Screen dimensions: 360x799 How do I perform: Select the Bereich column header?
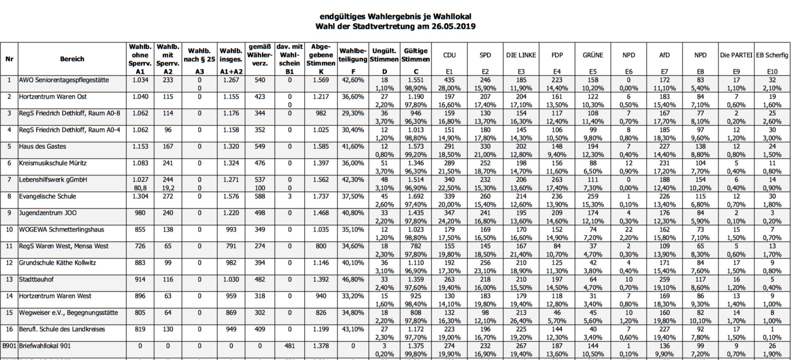[x=72, y=59]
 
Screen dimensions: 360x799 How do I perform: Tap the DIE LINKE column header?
[x=521, y=55]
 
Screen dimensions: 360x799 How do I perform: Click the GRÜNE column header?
[x=593, y=55]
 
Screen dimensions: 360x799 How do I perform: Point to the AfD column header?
[x=664, y=55]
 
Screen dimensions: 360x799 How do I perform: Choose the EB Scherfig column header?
[x=772, y=55]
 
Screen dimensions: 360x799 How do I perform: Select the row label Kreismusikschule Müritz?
[x=53, y=163]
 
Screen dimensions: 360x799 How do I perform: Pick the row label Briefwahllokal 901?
[x=45, y=346]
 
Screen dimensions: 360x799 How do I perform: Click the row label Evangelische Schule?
[x=47, y=197]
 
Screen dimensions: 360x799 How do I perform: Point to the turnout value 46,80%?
[x=353, y=280]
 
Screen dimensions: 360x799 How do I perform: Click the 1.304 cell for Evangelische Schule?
[x=140, y=197]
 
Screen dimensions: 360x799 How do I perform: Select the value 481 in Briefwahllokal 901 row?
[x=290, y=346]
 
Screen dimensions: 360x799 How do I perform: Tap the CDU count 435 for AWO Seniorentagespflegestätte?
[x=449, y=80]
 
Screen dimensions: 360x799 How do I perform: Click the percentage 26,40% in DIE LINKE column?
[x=521, y=321]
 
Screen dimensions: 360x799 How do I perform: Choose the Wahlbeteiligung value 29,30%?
[x=353, y=113]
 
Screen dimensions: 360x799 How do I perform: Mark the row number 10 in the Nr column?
[x=9, y=230]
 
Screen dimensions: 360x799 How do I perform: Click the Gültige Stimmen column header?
[x=416, y=55]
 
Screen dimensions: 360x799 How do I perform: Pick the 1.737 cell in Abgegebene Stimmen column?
[x=321, y=197]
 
